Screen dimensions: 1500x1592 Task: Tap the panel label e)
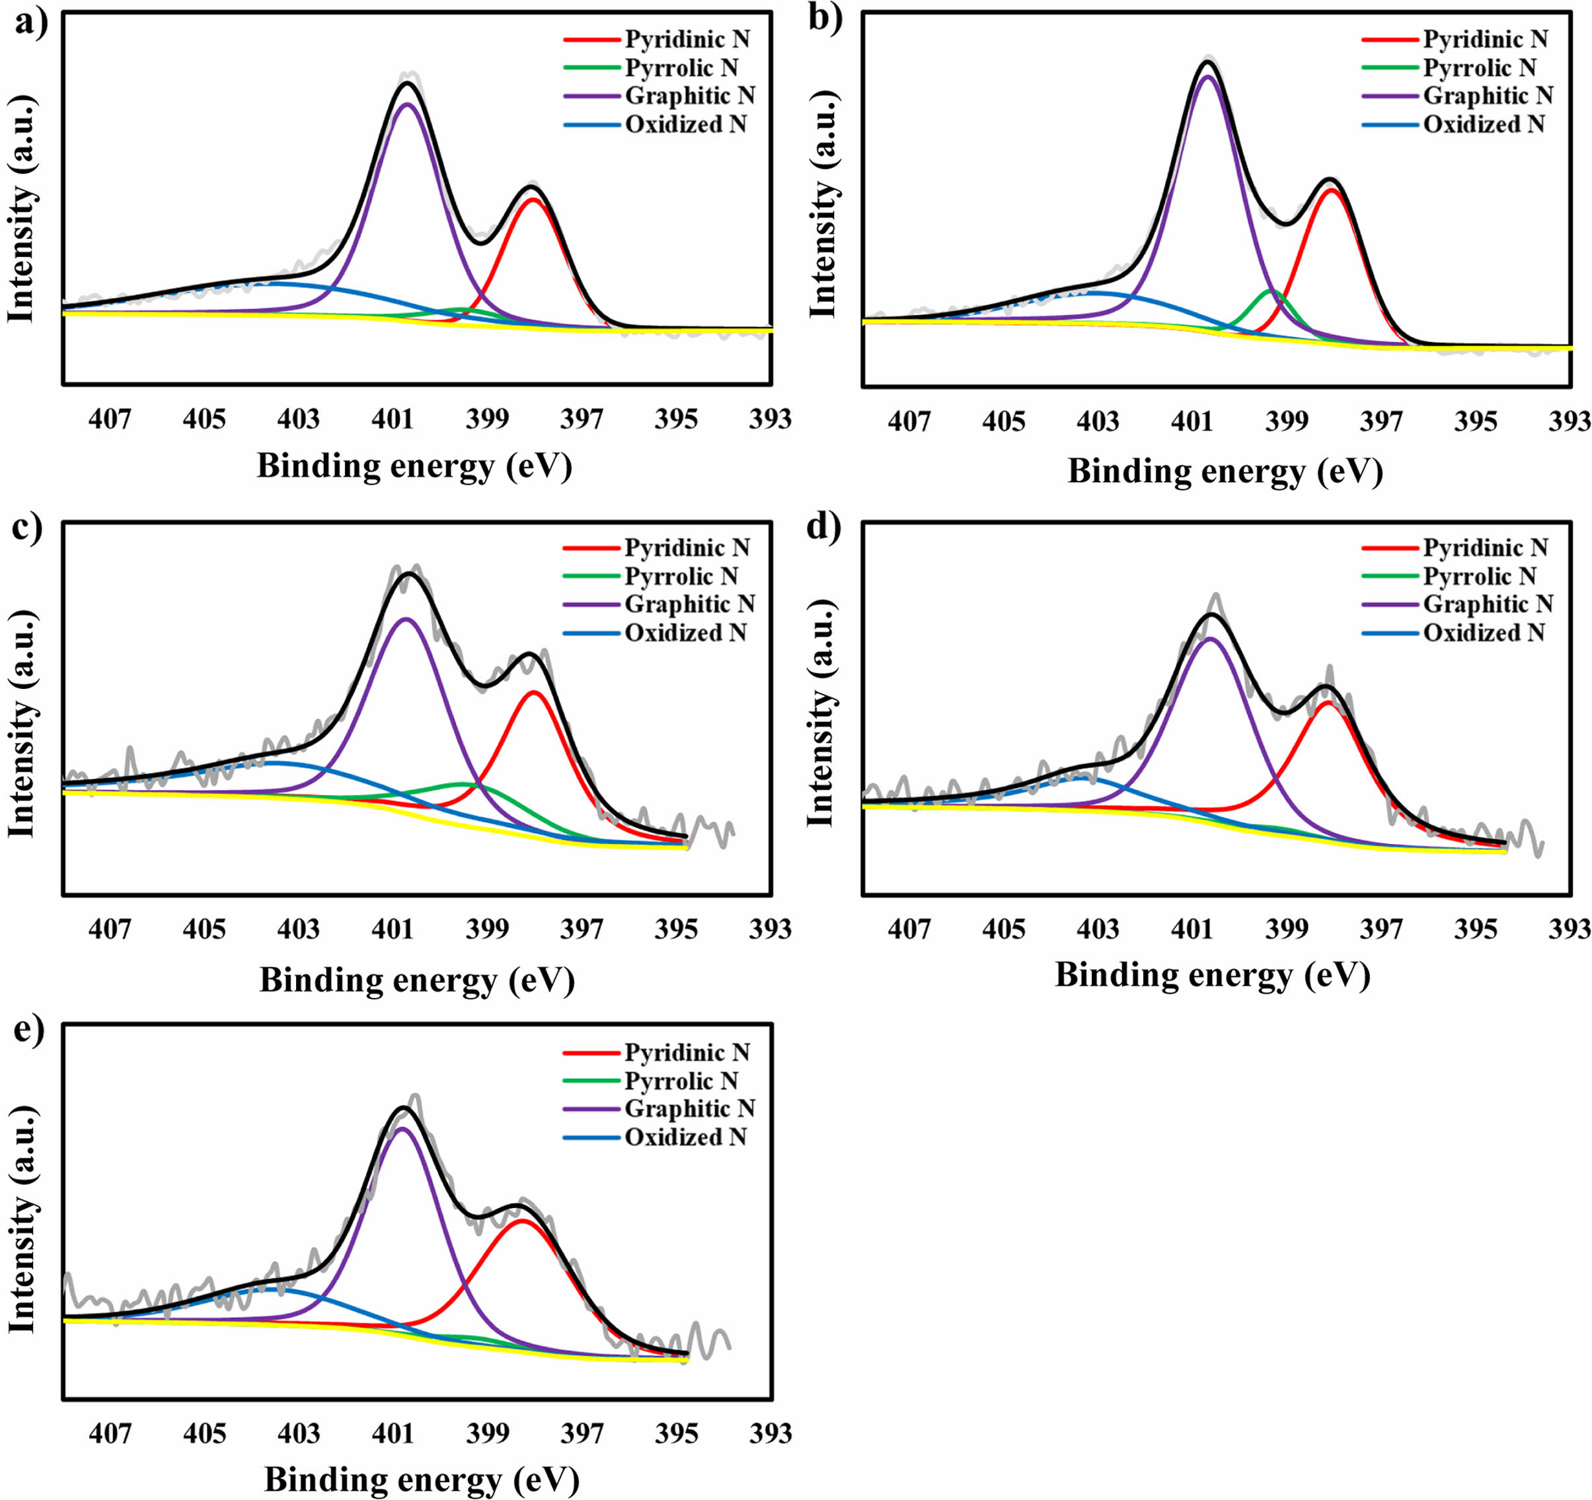pos(30,1029)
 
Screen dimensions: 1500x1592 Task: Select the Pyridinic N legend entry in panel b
pos(1485,39)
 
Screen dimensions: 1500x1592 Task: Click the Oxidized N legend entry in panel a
pos(685,125)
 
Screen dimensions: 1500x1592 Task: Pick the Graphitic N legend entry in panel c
pos(689,604)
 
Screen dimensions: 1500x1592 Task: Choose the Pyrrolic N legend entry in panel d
pos(1479,577)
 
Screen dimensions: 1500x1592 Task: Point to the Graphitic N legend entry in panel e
pos(689,1108)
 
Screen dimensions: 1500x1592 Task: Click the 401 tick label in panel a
pos(393,419)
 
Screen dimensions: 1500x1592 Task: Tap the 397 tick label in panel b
pos(1381,422)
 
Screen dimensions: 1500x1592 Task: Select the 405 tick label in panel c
pos(204,929)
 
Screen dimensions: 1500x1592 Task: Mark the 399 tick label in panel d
pos(1286,929)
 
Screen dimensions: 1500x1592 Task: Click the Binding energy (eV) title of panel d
pos(1213,975)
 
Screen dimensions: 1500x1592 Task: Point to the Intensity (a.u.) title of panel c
pos(22,725)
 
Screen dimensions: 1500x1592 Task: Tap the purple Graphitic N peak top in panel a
pos(408,104)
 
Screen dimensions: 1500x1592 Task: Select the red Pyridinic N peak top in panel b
pos(1331,190)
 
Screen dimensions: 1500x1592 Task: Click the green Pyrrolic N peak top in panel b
pos(1270,291)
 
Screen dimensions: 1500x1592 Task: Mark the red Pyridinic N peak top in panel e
pos(522,1221)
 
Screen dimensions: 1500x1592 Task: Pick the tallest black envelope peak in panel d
pos(1211,615)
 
